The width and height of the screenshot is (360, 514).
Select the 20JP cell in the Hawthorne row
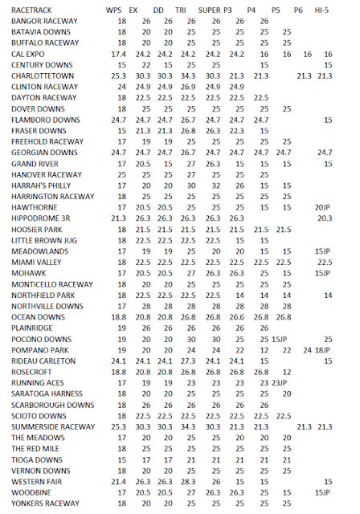pos(322,207)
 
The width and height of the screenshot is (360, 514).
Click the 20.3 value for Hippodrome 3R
pos(324,218)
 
